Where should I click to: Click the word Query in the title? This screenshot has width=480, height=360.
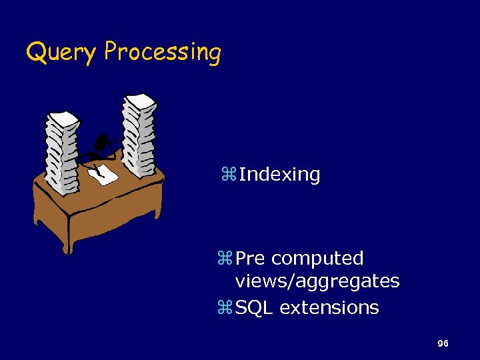coord(60,52)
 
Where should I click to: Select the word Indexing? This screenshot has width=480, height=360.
coord(279,175)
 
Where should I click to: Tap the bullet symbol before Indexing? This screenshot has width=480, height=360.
coord(228,175)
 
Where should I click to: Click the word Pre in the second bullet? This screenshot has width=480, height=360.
coord(251,258)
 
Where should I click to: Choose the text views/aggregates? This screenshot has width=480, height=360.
coord(317,281)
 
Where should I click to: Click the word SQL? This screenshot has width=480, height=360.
coord(255,308)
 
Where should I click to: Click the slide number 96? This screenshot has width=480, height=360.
coord(442,343)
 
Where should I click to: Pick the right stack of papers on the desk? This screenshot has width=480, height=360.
coord(139,137)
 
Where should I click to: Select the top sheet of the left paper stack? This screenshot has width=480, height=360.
coord(62,118)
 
